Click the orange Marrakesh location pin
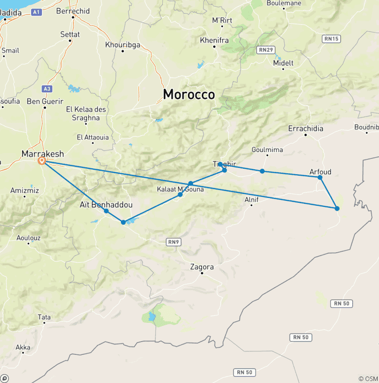pyautogui.click(x=42, y=161)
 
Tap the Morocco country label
pyautogui.click(x=189, y=94)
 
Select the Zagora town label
pyautogui.click(x=202, y=267)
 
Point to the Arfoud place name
pyautogui.click(x=320, y=172)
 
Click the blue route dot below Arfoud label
pyautogui.click(x=320, y=177)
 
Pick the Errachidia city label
pyautogui.click(x=305, y=129)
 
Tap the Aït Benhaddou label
pyautogui.click(x=106, y=204)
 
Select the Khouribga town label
pyautogui.click(x=122, y=45)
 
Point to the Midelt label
pyautogui.click(x=283, y=63)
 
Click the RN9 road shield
pyautogui.click(x=173, y=241)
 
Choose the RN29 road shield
pyautogui.click(x=266, y=49)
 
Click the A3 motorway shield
pyautogui.click(x=47, y=88)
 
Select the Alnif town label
pyautogui.click(x=252, y=199)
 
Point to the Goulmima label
pyautogui.click(x=266, y=150)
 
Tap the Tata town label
pyautogui.click(x=44, y=317)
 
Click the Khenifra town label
pyautogui.click(x=215, y=40)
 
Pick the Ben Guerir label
pyautogui.click(x=45, y=101)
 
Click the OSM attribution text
pyautogui.click(x=368, y=379)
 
